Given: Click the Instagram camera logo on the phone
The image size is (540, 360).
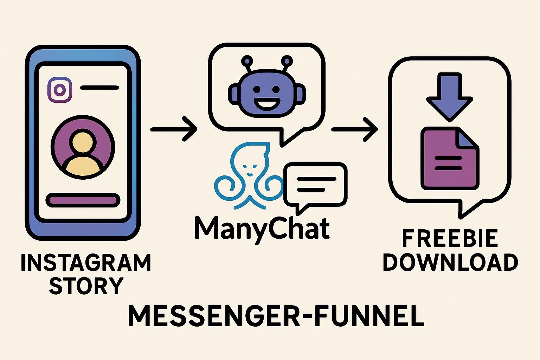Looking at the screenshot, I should (60, 90).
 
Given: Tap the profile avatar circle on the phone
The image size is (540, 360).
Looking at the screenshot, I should (83, 147).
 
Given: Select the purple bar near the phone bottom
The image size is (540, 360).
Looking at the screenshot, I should (83, 200).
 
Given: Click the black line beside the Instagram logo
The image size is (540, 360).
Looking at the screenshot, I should (99, 88).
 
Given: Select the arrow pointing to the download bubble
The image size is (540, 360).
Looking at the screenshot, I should (354, 129).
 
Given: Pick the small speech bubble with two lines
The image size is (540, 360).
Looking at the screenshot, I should (315, 185).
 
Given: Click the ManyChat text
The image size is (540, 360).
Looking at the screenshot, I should (262, 229).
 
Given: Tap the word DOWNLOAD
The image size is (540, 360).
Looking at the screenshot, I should (450, 262).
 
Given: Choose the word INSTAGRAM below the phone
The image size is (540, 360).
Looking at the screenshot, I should (86, 263).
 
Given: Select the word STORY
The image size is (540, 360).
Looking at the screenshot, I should (86, 286).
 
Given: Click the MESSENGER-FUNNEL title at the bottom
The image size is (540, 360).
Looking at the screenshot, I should (276, 316).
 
